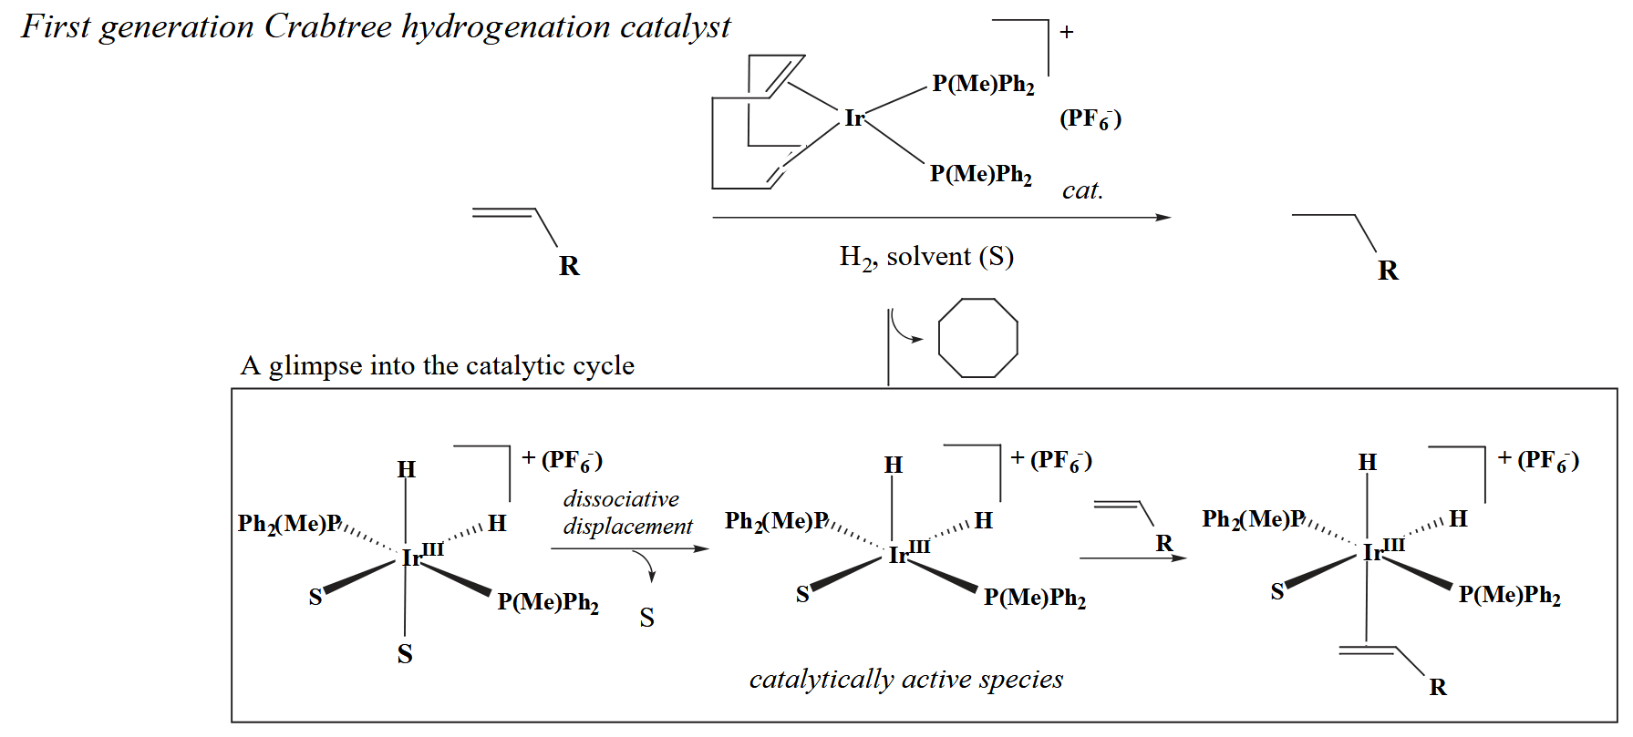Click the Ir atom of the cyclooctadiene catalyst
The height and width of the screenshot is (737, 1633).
pos(853,118)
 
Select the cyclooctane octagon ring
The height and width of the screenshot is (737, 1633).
pos(977,338)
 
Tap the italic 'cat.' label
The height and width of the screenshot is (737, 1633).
pos(1082,190)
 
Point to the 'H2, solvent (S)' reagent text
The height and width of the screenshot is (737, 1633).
pos(925,258)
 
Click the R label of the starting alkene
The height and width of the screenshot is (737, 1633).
pos(569,266)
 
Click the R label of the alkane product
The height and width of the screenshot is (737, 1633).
pos(1388,271)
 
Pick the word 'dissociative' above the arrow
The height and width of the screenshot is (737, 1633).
pos(621,499)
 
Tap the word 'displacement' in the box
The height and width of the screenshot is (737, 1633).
pos(627,527)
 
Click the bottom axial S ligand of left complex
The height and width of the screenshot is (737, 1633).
pos(405,654)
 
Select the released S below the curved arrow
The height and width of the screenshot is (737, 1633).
pos(646,619)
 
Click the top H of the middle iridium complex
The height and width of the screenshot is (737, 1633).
pos(893,466)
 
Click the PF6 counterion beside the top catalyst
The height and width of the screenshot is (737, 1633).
pos(1090,119)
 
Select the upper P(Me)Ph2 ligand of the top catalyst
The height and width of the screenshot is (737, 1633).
pos(983,85)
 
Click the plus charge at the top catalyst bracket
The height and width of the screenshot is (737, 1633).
pos(1067,33)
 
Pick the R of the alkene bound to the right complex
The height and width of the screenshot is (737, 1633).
pos(1438,688)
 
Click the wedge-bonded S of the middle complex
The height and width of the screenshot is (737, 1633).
pos(802,595)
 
